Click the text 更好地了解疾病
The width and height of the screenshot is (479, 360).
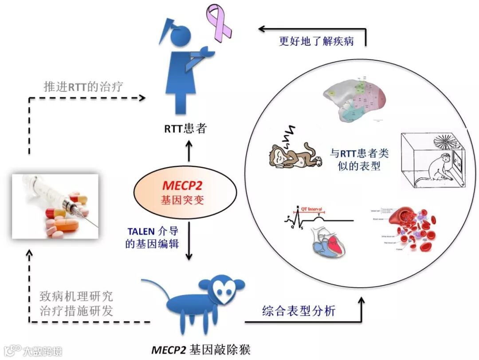point(316,42)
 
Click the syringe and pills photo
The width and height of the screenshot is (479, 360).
point(55,206)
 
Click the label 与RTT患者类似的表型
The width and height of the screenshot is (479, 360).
point(359,160)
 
